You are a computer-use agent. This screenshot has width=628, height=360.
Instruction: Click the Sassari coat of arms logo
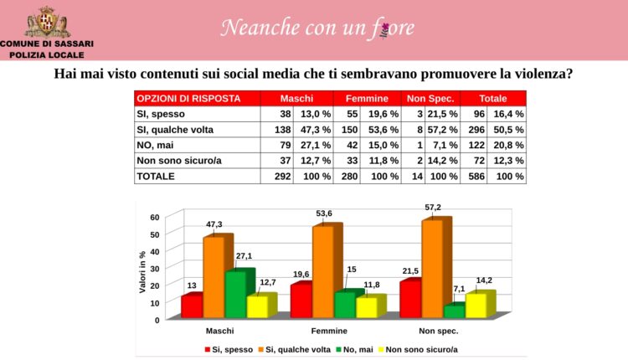pos(48,22)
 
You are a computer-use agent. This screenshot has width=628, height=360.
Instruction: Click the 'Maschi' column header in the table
pos(296,98)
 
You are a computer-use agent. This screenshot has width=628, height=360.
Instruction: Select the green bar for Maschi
pos(234,294)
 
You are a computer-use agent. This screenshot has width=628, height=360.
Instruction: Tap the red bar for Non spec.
pos(409,299)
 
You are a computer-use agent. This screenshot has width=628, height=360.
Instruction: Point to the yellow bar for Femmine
pos(367,307)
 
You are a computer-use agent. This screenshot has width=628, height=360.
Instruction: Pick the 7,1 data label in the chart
pos(457,289)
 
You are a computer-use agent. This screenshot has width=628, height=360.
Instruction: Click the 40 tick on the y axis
pos(154,250)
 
